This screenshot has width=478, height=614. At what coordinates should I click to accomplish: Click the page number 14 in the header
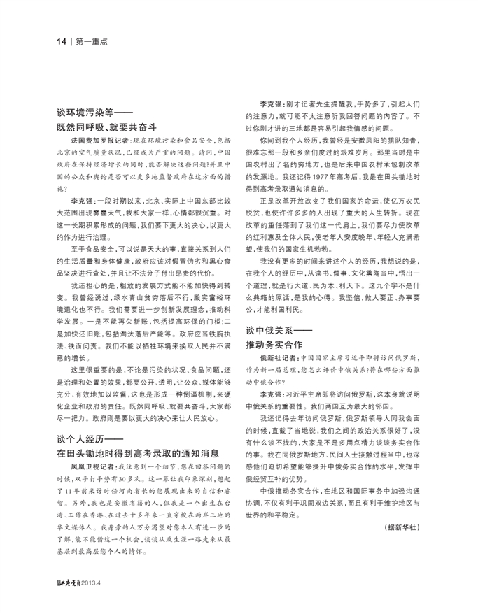pos(61,41)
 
